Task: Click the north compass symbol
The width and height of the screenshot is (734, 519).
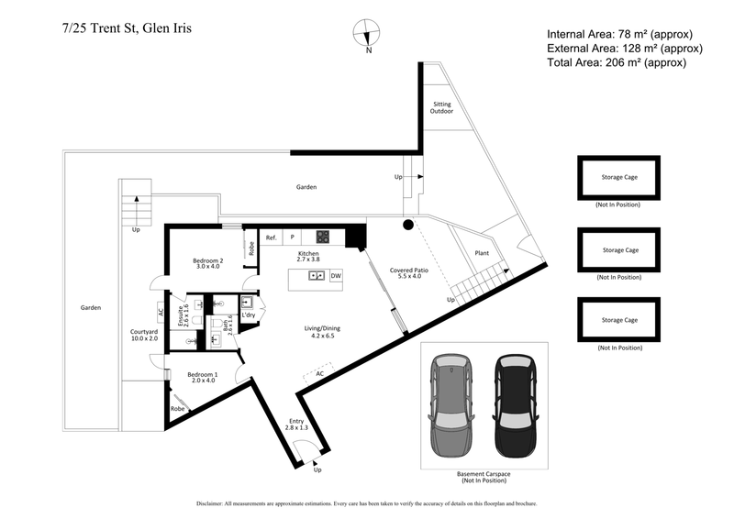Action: [367, 34]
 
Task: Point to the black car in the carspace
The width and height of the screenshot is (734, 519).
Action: [514, 406]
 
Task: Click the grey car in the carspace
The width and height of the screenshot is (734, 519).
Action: [450, 406]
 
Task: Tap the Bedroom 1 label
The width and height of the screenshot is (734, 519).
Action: [203, 378]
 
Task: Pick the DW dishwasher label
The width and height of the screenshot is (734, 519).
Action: [336, 275]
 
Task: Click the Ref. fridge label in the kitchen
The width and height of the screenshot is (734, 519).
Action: [272, 237]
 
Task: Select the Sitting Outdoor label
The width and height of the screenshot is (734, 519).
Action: [442, 108]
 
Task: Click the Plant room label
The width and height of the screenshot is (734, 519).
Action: [481, 252]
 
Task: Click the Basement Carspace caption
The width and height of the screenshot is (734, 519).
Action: [484, 477]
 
